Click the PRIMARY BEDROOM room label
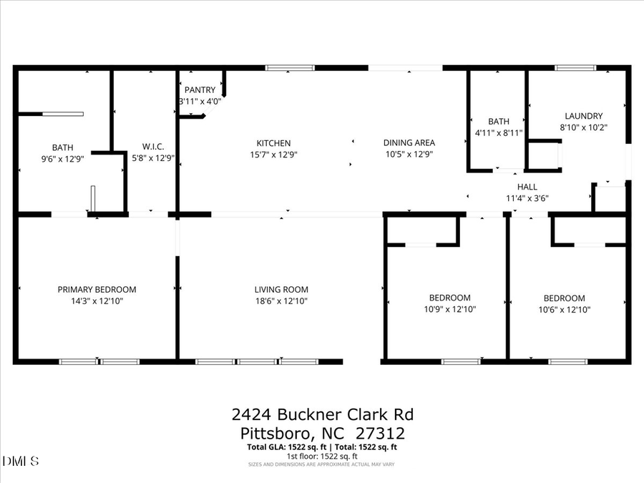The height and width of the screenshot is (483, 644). pyautogui.click(x=97, y=290)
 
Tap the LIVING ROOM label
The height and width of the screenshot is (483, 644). pyautogui.click(x=281, y=290)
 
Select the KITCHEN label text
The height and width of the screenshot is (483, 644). pyautogui.click(x=274, y=143)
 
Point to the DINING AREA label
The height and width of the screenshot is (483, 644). pyautogui.click(x=410, y=143)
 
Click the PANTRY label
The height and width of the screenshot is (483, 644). pyautogui.click(x=200, y=90)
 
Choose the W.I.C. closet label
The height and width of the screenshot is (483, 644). pyautogui.click(x=154, y=147)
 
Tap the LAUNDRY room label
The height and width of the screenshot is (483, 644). pyautogui.click(x=583, y=116)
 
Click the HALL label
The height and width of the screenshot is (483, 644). pyautogui.click(x=527, y=187)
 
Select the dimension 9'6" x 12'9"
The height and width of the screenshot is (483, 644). pyautogui.click(x=62, y=160)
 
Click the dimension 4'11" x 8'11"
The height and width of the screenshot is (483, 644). pyautogui.click(x=499, y=133)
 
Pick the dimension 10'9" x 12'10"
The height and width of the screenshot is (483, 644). pyautogui.click(x=449, y=310)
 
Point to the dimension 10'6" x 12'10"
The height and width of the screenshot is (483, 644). pyautogui.click(x=564, y=310)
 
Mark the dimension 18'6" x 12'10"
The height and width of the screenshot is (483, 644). pyautogui.click(x=281, y=301)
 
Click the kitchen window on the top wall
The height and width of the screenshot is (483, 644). pyautogui.click(x=290, y=68)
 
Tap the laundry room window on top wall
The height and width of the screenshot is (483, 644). pyautogui.click(x=575, y=68)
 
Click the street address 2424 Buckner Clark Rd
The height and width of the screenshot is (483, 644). pyautogui.click(x=322, y=415)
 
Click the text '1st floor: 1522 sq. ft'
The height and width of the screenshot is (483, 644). pyautogui.click(x=322, y=456)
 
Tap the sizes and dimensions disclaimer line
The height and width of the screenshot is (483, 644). pyautogui.click(x=322, y=464)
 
